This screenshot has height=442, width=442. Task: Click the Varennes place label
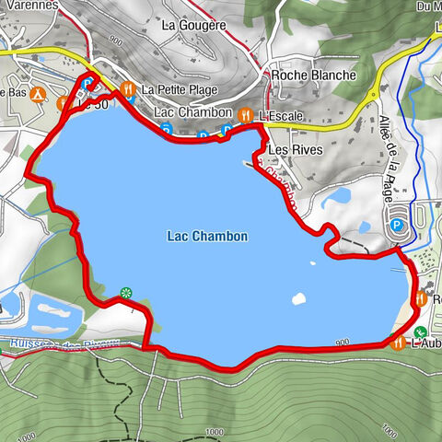coord(31,5)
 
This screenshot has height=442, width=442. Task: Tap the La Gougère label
coord(193,26)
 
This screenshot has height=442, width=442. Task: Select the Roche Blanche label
coord(314,76)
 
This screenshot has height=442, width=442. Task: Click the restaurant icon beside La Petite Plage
coord(128,89)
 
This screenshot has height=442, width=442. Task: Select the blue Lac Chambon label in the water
coord(207,237)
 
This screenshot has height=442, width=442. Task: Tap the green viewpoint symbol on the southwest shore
coord(125,293)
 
